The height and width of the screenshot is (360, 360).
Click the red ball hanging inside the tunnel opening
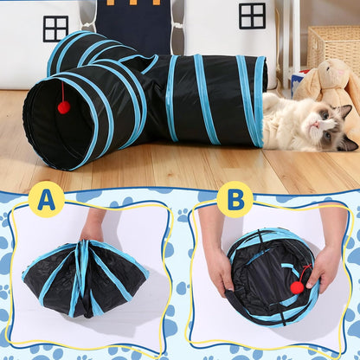click(63, 106)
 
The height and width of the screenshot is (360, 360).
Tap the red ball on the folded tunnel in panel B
click(297, 286)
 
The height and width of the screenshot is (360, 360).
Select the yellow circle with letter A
click(46, 199)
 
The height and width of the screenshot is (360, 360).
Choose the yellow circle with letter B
click(235, 199)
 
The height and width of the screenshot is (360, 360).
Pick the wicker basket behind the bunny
click(332, 43)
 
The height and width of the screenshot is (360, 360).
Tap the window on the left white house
click(55, 28)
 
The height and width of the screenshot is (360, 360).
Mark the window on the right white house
click(252, 16)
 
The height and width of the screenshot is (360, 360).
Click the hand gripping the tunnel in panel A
click(91, 230)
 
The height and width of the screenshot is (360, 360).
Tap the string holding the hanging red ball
click(62, 91)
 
